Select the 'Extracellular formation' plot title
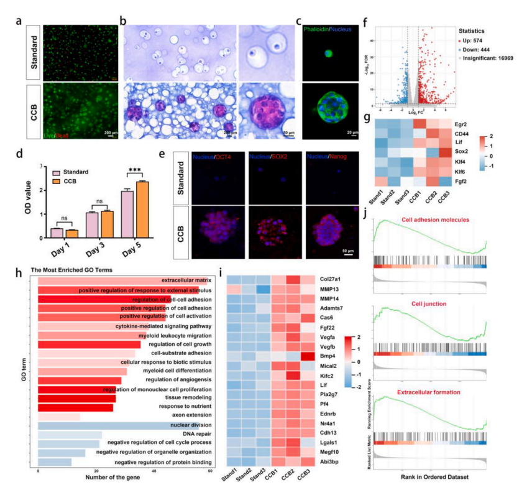click(425, 393)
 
